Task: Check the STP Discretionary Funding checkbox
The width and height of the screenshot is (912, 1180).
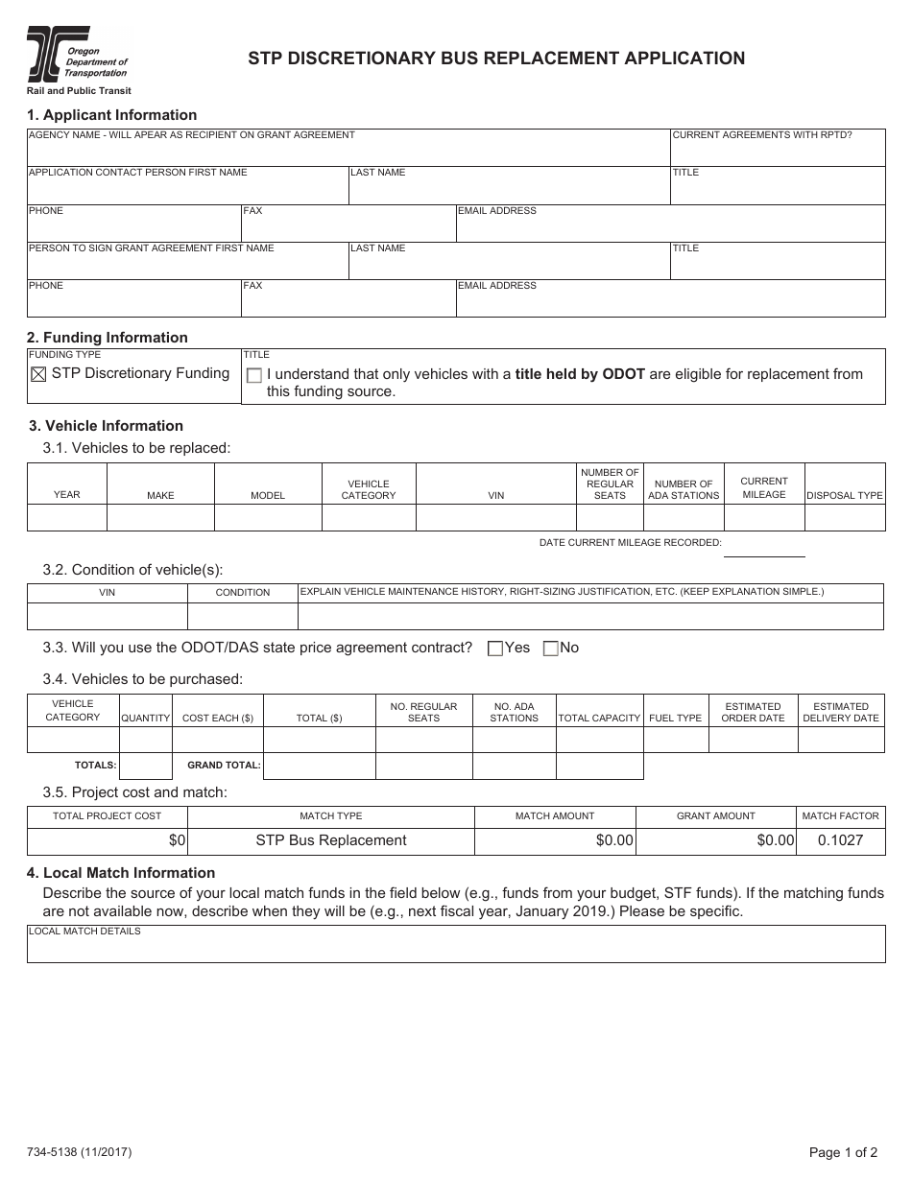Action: (x=38, y=375)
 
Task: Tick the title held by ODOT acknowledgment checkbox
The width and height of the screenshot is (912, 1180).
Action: (x=254, y=375)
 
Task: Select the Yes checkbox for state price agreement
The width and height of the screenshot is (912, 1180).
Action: (x=495, y=649)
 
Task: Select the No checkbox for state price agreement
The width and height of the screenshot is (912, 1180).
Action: (x=550, y=649)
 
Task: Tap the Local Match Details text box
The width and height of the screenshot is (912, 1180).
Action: (x=456, y=949)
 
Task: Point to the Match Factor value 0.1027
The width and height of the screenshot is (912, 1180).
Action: (x=840, y=840)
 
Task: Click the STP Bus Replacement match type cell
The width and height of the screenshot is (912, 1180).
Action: (x=330, y=840)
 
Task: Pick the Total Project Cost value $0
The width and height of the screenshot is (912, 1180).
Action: (x=177, y=840)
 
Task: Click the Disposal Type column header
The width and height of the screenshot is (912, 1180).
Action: (x=844, y=496)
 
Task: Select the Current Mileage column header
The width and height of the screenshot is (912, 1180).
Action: (x=764, y=487)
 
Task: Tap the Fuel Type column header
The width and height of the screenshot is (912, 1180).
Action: (x=675, y=718)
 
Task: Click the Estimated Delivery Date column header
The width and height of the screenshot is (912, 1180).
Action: (x=840, y=712)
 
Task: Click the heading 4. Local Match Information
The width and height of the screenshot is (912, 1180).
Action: (x=121, y=873)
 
